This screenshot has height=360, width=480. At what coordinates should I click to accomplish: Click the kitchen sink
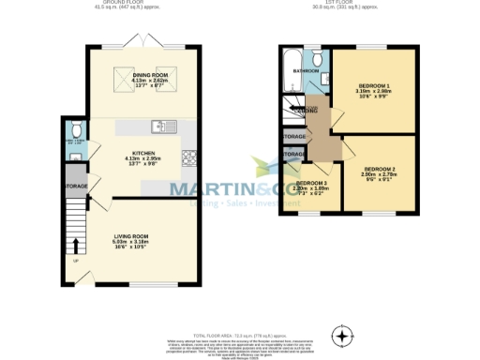pyautogui.click(x=158, y=125)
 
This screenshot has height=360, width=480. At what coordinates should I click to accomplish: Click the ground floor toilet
pyautogui.click(x=75, y=130)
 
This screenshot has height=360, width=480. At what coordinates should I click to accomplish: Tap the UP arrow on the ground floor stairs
pyautogui.click(x=76, y=260)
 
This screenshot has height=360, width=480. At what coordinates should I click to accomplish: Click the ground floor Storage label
pyautogui.click(x=77, y=187)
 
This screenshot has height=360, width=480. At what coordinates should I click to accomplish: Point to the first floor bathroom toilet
pyautogui.click(x=318, y=60)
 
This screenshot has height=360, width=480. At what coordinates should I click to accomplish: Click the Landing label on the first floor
pyautogui.click(x=303, y=111)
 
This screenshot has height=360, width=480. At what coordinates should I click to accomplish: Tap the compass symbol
pyautogui.click(x=344, y=336)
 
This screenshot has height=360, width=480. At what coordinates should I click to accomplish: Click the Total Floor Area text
pyautogui.click(x=239, y=335)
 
